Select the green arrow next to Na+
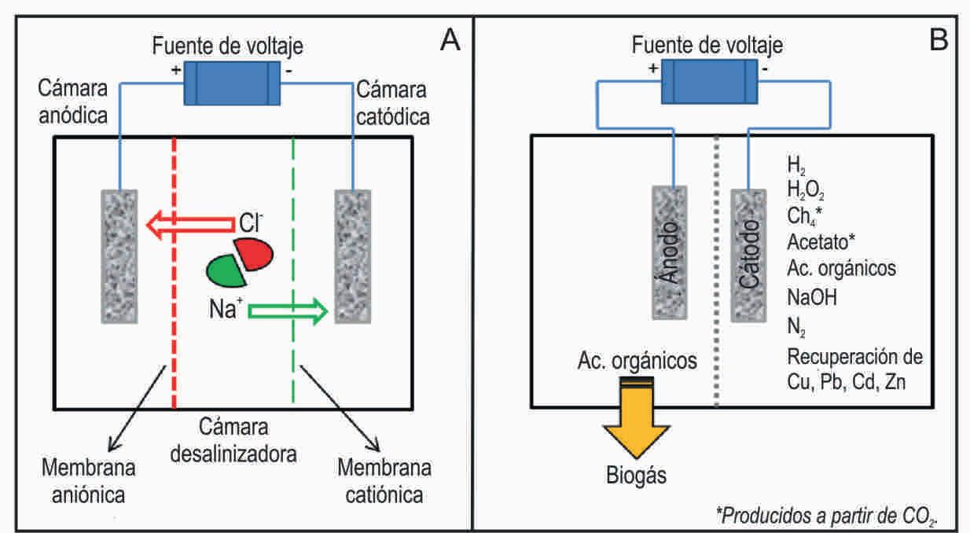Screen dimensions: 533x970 coord(287,311)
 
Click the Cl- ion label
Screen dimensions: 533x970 coord(251,224)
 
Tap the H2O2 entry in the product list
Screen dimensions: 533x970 coord(805,189)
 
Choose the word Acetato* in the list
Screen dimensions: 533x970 coord(821,241)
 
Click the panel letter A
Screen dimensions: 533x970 coord(449,40)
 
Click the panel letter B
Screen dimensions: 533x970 coord(940,40)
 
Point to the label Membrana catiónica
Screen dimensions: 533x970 coord(384,481)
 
